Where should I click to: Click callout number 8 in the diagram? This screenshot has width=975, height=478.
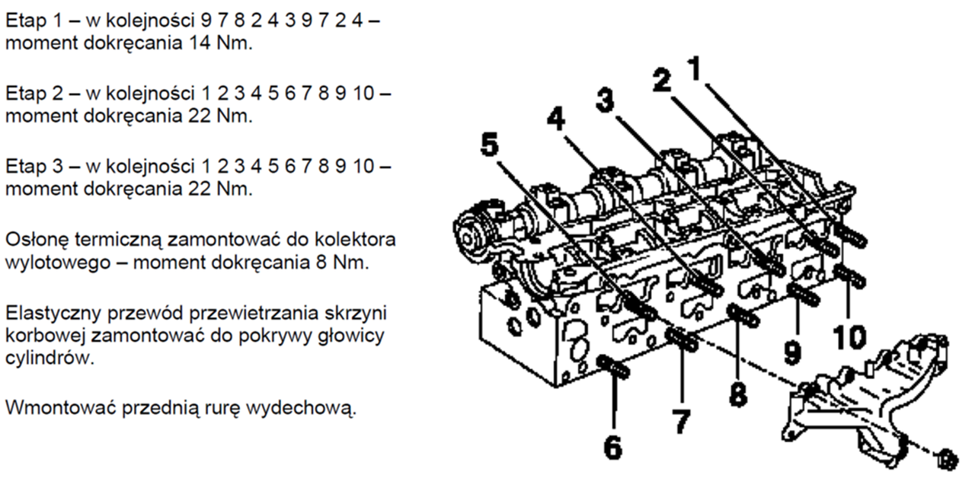(737, 393)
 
